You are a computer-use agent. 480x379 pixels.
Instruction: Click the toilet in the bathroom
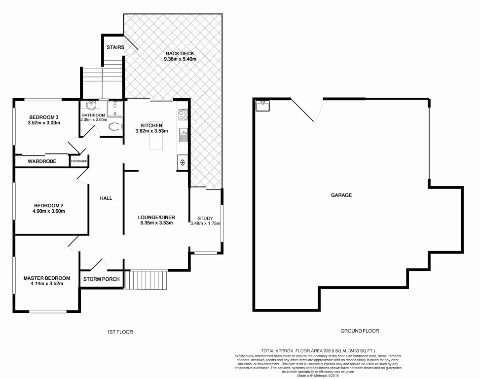click(114, 126)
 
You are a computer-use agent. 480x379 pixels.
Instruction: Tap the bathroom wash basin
click(91, 106)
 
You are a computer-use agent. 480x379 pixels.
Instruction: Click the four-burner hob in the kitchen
click(183, 115)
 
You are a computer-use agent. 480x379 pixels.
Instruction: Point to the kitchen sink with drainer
click(183, 135)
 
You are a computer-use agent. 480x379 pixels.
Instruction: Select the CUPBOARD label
click(79, 161)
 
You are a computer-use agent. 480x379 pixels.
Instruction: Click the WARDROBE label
click(41, 161)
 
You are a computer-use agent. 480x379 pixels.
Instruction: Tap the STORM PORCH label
click(101, 279)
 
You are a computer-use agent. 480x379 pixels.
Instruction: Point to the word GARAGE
click(341, 195)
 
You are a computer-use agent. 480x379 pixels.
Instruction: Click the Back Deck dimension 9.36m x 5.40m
click(180, 59)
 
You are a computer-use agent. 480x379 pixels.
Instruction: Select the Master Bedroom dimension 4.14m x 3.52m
click(47, 284)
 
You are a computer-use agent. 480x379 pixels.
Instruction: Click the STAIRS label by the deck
click(115, 47)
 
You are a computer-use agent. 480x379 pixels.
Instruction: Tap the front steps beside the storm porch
click(147, 280)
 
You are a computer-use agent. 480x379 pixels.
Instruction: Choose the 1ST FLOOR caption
click(120, 332)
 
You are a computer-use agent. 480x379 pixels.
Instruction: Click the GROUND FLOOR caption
click(360, 331)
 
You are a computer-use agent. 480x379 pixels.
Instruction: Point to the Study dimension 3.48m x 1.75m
click(205, 224)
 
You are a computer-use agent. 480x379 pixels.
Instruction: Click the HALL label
click(106, 198)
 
